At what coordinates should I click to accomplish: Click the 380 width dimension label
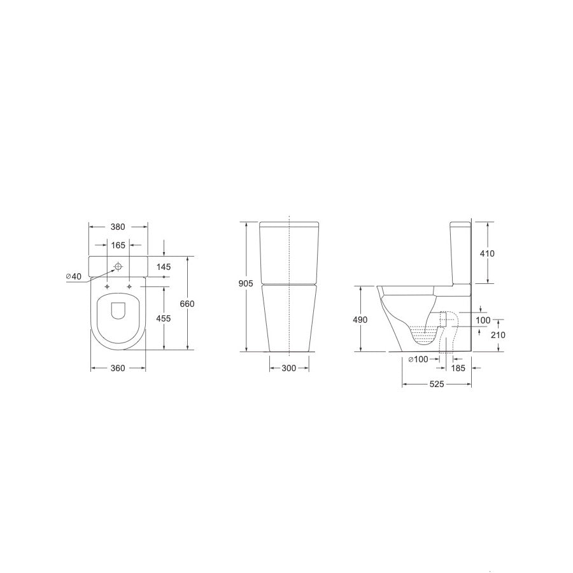(118, 227)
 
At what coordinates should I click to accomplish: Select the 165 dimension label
(118, 245)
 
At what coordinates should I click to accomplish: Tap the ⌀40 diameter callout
(74, 276)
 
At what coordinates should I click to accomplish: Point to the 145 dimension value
(164, 267)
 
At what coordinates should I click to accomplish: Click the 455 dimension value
(164, 318)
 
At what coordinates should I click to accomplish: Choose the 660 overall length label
(187, 304)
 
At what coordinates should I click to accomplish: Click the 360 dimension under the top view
(118, 369)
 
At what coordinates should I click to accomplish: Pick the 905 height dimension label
(246, 283)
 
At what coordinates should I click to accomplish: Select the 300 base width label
(288, 369)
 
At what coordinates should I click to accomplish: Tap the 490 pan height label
(360, 320)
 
